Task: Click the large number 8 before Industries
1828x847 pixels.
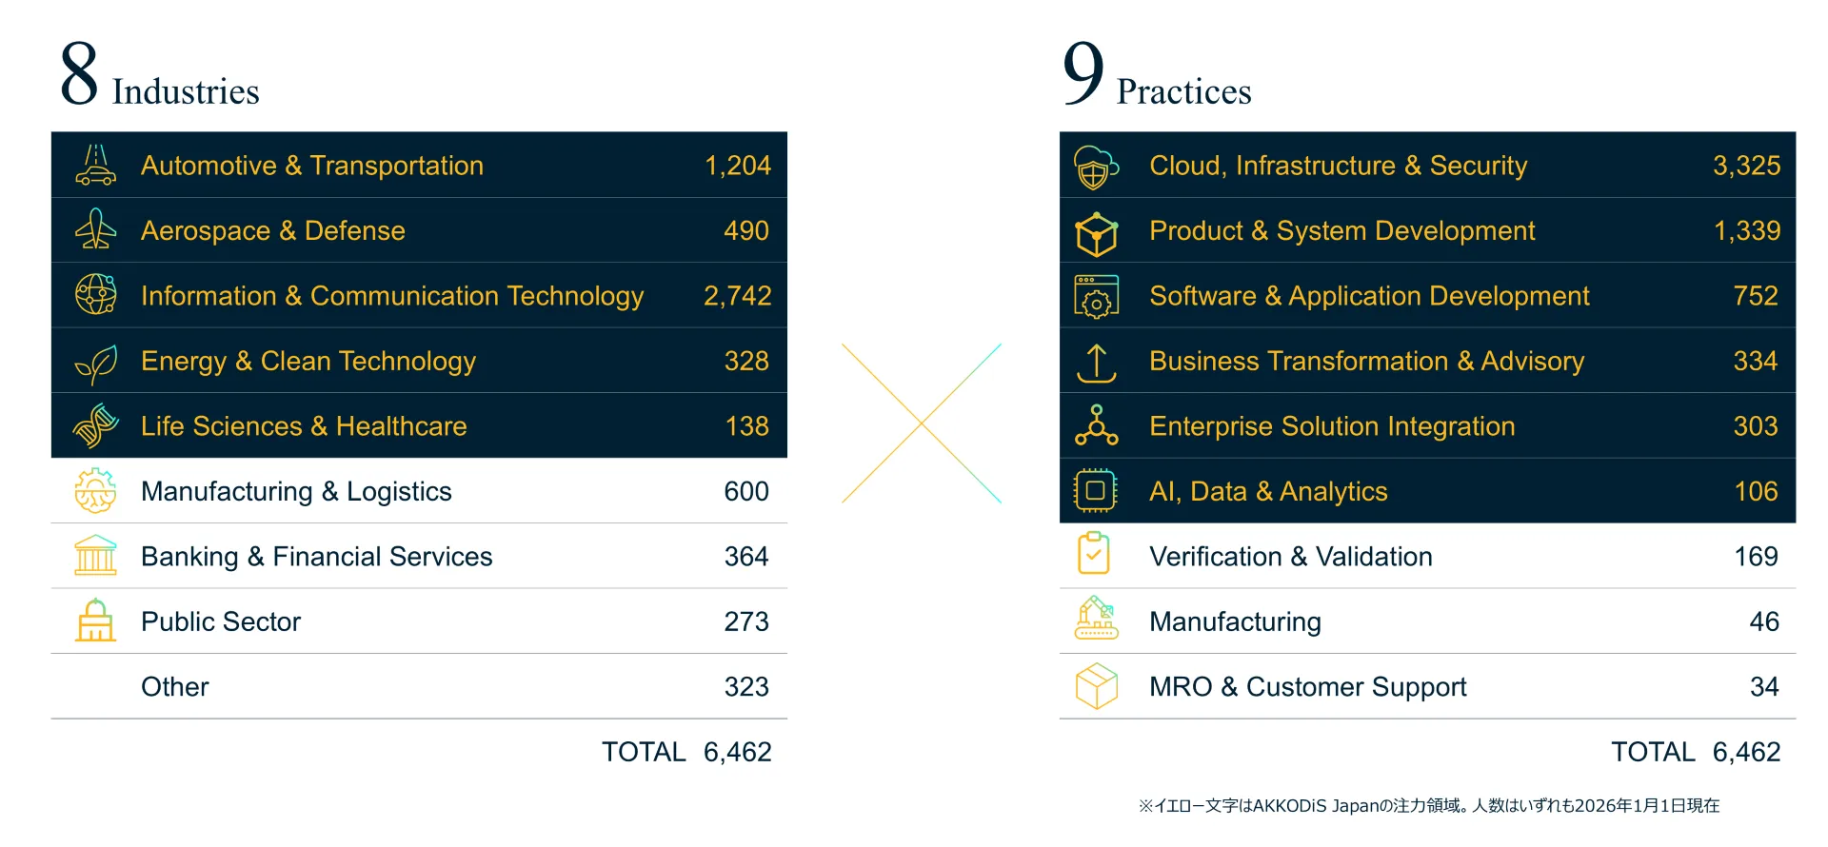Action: [79, 73]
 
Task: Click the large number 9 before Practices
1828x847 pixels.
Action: [1083, 73]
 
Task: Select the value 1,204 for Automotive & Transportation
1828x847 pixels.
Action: [737, 166]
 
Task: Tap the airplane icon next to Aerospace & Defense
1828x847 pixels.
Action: [95, 230]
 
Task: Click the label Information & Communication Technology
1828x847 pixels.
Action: [392, 296]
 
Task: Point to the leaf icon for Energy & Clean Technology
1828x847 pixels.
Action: [96, 363]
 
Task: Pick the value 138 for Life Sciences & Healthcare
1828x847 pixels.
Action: [746, 426]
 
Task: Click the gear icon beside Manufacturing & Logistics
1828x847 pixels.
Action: [95, 491]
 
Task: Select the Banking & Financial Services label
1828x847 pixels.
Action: [316, 557]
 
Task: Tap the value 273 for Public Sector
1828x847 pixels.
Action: [745, 621]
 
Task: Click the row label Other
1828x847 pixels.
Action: [175, 687]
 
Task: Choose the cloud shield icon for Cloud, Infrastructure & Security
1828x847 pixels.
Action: [1096, 167]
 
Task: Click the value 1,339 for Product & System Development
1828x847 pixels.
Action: [1746, 230]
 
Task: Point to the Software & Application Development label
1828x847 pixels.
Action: [1369, 296]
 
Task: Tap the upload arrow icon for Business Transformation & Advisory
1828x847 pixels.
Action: [1096, 363]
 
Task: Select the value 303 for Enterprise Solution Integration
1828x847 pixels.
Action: [1755, 426]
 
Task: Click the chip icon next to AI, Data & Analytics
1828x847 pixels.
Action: [1096, 491]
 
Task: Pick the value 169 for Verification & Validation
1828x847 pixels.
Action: [1756, 557]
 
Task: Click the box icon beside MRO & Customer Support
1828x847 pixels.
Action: [1096, 686]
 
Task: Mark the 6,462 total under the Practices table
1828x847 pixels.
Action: [1746, 752]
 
